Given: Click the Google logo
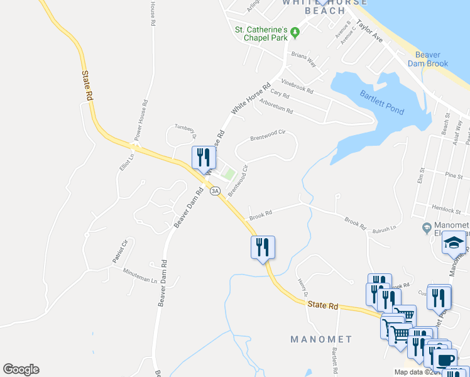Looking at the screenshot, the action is point(21,369).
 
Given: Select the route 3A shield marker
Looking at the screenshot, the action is point(216,190).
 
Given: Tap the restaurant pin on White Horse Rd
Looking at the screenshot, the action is point(203,157).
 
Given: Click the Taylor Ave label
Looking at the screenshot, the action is point(369,31).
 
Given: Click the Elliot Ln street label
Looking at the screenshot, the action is point(124,165).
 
